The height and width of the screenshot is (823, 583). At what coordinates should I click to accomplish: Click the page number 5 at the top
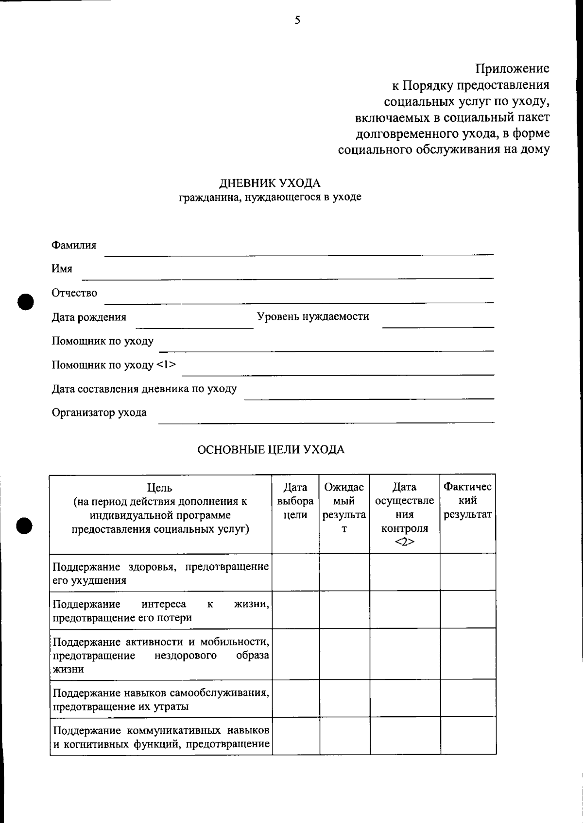(x=297, y=20)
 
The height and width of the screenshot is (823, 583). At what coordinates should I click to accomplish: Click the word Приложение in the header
(x=512, y=68)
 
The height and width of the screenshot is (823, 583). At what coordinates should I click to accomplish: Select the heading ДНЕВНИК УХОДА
(x=270, y=183)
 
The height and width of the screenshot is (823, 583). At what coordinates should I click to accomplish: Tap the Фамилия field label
(x=74, y=245)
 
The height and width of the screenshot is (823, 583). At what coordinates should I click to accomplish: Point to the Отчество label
(x=74, y=293)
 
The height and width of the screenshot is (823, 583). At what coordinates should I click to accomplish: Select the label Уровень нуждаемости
(x=313, y=316)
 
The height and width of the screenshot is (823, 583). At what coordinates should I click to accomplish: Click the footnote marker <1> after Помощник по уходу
(x=166, y=364)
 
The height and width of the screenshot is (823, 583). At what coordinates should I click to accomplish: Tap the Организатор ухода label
(x=99, y=412)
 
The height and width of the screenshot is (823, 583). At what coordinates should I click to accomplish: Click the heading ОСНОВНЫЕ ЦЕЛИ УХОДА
(x=271, y=449)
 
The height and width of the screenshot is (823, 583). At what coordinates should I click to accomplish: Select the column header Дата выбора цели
(x=295, y=501)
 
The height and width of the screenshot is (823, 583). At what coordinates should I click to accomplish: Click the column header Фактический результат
(x=467, y=501)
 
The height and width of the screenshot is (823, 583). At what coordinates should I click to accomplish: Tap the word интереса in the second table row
(x=164, y=604)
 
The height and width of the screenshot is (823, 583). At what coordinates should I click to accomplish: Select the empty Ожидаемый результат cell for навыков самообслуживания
(x=344, y=698)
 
